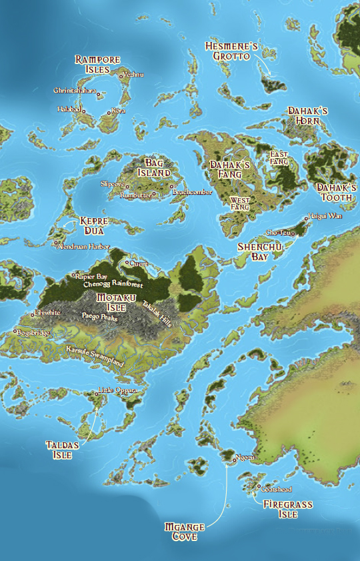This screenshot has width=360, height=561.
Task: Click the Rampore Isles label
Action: tap(97, 64)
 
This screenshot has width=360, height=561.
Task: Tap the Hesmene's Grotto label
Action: tap(231, 51)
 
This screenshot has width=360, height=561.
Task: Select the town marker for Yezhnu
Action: tap(121, 75)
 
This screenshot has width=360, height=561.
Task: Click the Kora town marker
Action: tap(109, 111)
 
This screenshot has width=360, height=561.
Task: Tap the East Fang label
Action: tap(279, 157)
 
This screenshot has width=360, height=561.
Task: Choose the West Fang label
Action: tap(239, 203)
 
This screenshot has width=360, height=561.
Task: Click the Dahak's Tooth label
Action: tap(336, 192)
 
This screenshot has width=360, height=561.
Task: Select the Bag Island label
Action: tap(154, 167)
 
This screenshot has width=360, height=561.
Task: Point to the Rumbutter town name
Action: tap(135, 195)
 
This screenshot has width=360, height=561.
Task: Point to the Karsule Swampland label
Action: tap(95, 354)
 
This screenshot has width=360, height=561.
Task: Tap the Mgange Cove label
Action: tap(185, 531)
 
